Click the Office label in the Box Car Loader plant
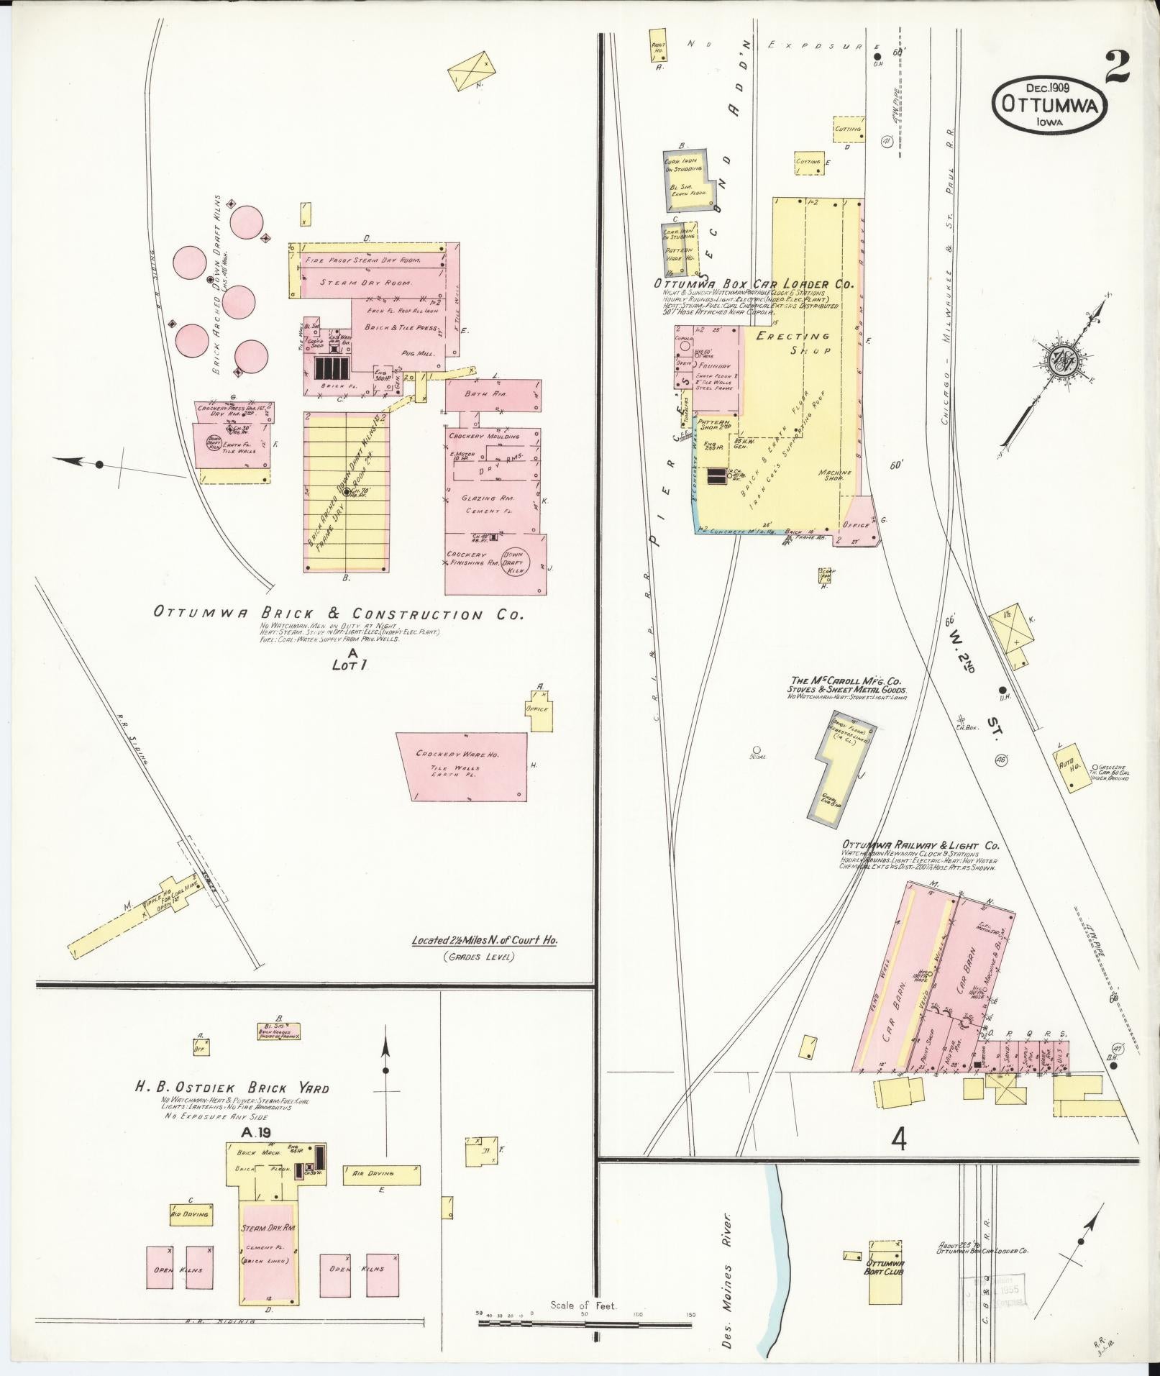[856, 525]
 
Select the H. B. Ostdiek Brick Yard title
[232, 1108]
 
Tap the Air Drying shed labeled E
[381, 1173]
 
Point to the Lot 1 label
[350, 665]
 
